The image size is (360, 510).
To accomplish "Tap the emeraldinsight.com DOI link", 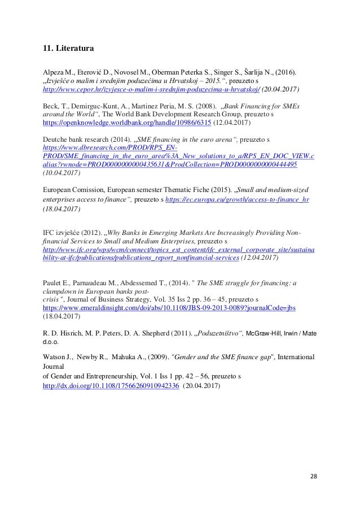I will click(x=170, y=308).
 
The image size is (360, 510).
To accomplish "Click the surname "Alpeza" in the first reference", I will click(x=54, y=72).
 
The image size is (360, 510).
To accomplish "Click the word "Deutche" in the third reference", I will click(x=56, y=138).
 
